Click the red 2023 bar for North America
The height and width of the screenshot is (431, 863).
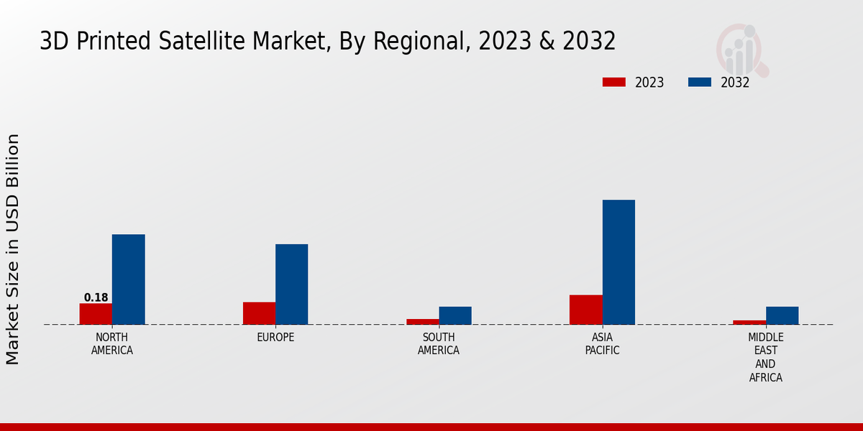point(96,314)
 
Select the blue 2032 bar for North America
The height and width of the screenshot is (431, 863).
point(129,279)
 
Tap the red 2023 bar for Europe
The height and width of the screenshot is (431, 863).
point(259,313)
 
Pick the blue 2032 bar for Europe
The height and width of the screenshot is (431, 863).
point(292,284)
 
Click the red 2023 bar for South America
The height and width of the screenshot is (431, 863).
point(423,322)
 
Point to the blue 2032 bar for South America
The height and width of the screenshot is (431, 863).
point(455,315)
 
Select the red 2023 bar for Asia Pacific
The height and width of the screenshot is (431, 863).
point(586,310)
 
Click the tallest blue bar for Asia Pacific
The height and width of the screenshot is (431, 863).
point(618,262)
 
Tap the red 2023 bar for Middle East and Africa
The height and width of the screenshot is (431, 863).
point(749,323)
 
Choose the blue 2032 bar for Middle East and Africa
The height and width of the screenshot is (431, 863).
point(782,315)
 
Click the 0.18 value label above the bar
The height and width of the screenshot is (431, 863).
point(96,297)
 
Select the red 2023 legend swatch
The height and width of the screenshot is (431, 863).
point(613,83)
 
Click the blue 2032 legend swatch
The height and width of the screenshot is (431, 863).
point(700,83)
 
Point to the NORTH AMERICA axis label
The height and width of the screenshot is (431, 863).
point(112,344)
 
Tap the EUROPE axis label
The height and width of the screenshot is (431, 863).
point(275,338)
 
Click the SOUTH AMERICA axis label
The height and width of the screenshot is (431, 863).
point(439,344)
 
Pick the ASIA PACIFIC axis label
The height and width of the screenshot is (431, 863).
point(603,344)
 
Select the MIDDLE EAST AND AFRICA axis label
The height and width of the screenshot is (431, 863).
point(766,358)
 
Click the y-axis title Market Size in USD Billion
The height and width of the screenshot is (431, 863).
point(13,249)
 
